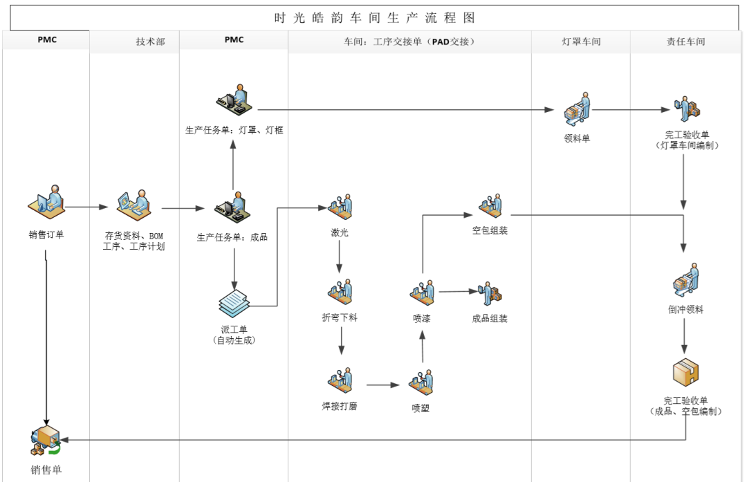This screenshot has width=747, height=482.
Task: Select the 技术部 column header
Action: [150, 41]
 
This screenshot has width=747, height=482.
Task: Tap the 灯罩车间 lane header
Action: [580, 41]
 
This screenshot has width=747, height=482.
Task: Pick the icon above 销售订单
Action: [48, 203]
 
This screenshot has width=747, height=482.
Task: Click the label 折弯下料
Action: [340, 317]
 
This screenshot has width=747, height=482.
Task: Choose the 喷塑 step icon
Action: [421, 382]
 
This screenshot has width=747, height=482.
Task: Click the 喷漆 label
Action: [422, 318]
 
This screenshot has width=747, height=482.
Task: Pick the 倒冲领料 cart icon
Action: [685, 280]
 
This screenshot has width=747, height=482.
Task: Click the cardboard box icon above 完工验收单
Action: [685, 372]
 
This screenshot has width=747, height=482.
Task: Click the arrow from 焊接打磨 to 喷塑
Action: [384, 384]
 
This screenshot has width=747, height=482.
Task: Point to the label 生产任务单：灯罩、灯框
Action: [234, 130]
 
